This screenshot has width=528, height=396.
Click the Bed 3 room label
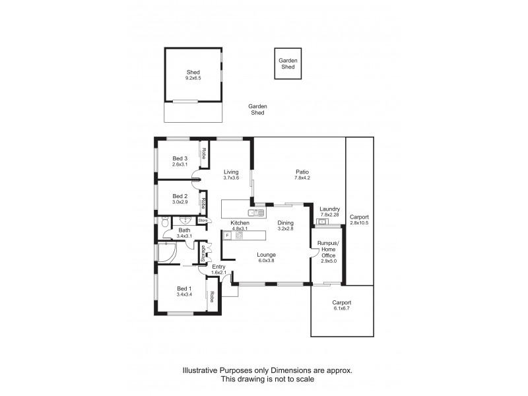[180, 161]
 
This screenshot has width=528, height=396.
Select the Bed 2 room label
[180, 199]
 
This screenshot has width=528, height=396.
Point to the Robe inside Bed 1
[213, 300]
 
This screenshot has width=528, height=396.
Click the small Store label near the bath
[203, 220]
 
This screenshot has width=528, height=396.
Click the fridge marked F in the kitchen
[228, 235]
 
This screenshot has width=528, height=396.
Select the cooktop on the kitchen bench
[240, 235]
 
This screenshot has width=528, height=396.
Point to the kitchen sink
[255, 213]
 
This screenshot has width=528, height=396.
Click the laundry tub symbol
[323, 222]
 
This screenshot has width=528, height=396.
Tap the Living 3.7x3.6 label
[230, 175]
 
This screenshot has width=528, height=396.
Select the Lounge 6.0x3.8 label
[267, 257]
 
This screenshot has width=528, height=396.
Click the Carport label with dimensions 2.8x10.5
[360, 220]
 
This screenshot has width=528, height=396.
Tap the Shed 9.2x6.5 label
[193, 75]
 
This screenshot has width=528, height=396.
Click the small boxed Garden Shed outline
[288, 64]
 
